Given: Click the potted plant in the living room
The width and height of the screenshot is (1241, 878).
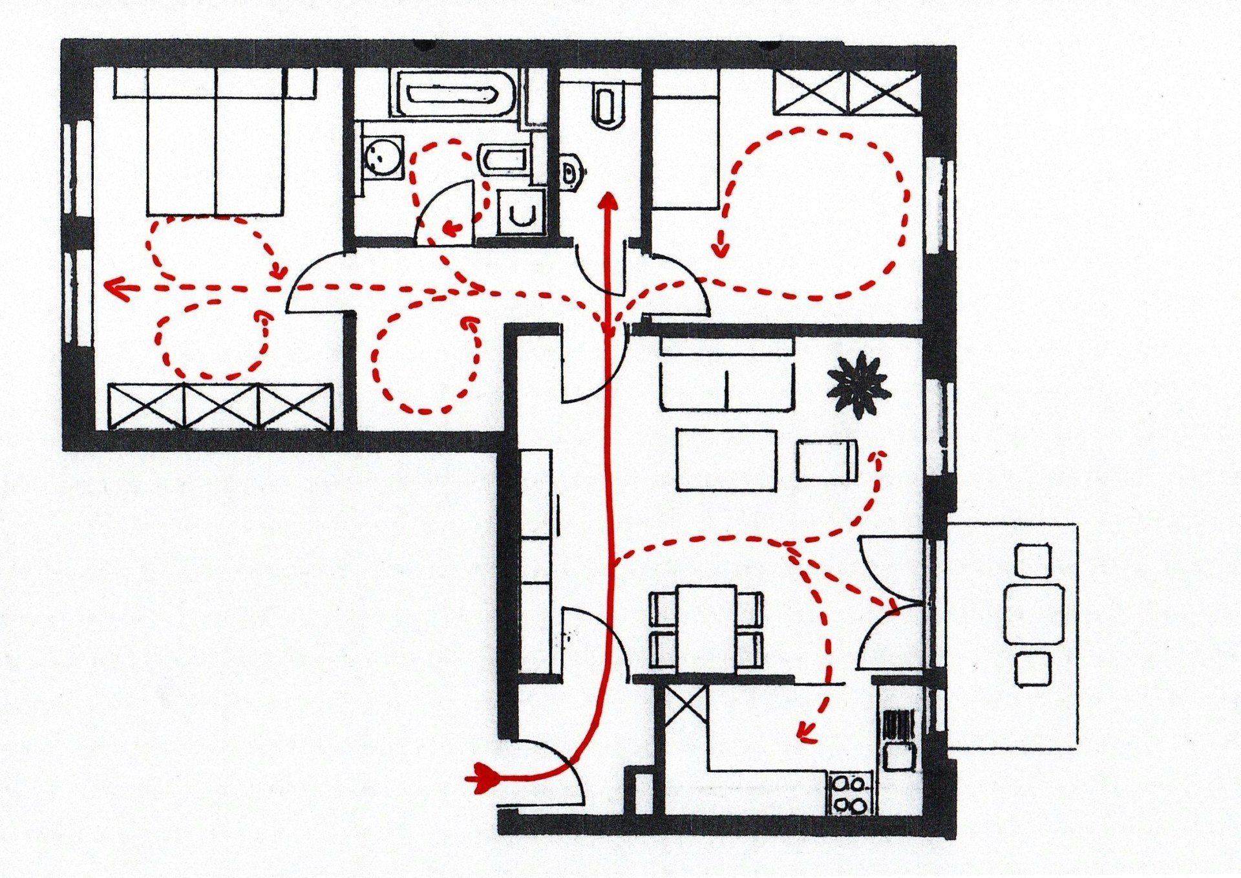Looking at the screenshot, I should (858, 385).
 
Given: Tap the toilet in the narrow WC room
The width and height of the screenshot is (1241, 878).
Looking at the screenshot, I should (606, 103).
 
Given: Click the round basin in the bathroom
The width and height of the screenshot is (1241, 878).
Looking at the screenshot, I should (382, 156).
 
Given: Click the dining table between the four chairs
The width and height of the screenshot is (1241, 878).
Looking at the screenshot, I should (706, 628).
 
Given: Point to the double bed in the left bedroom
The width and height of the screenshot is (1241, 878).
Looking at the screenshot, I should (215, 142).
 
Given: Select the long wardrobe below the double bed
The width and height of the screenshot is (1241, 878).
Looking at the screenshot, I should (220, 407).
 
